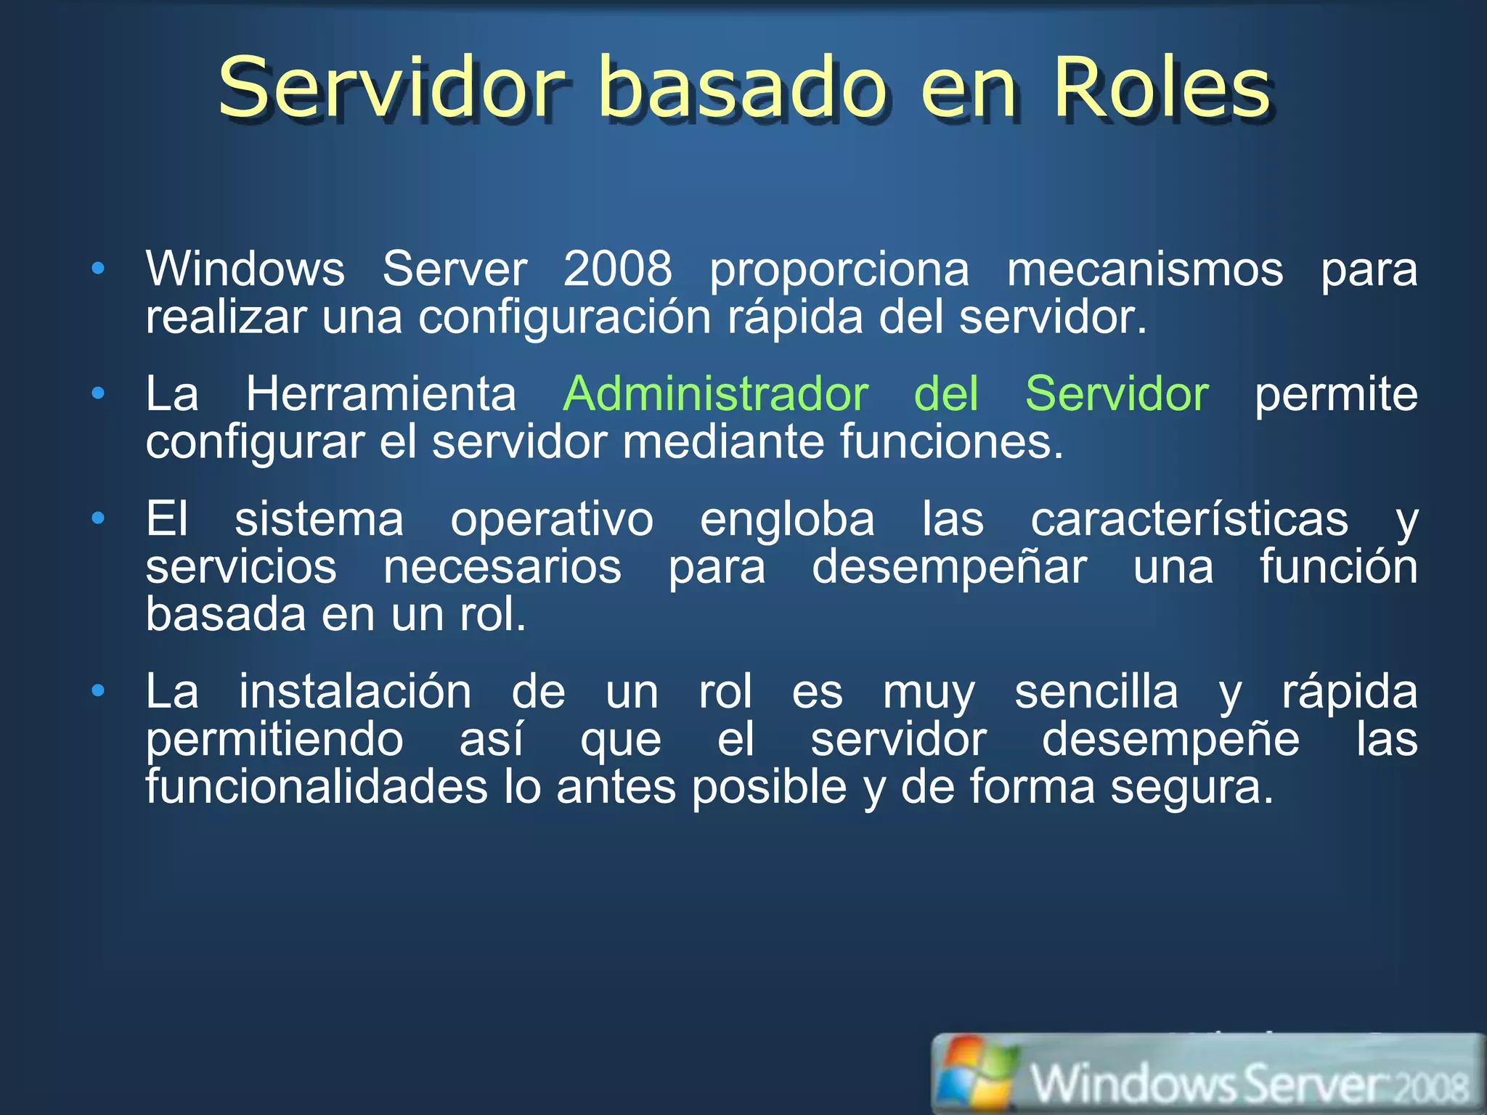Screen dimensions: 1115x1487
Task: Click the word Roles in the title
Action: [x=1160, y=89]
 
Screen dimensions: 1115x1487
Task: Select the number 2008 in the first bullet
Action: [x=618, y=269]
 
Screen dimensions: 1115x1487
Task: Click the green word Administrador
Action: [x=715, y=394]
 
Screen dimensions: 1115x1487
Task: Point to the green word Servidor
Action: [x=1117, y=394]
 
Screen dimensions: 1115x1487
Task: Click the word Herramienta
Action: [x=381, y=394]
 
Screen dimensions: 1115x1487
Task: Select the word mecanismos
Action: [x=1145, y=269]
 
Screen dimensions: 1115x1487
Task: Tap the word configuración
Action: [x=565, y=317]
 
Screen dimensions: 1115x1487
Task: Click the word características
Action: [x=1189, y=519]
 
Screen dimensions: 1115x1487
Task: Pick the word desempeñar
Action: [x=949, y=567]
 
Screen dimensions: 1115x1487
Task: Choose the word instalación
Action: [x=356, y=691]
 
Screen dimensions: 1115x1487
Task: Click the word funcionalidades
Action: [x=317, y=787]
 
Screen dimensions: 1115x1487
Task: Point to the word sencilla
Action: [x=1096, y=691]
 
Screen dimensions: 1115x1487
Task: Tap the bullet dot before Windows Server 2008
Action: [x=98, y=269]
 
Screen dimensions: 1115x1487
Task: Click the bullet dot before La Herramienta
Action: [x=98, y=394]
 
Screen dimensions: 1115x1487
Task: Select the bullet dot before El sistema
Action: [x=98, y=518]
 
